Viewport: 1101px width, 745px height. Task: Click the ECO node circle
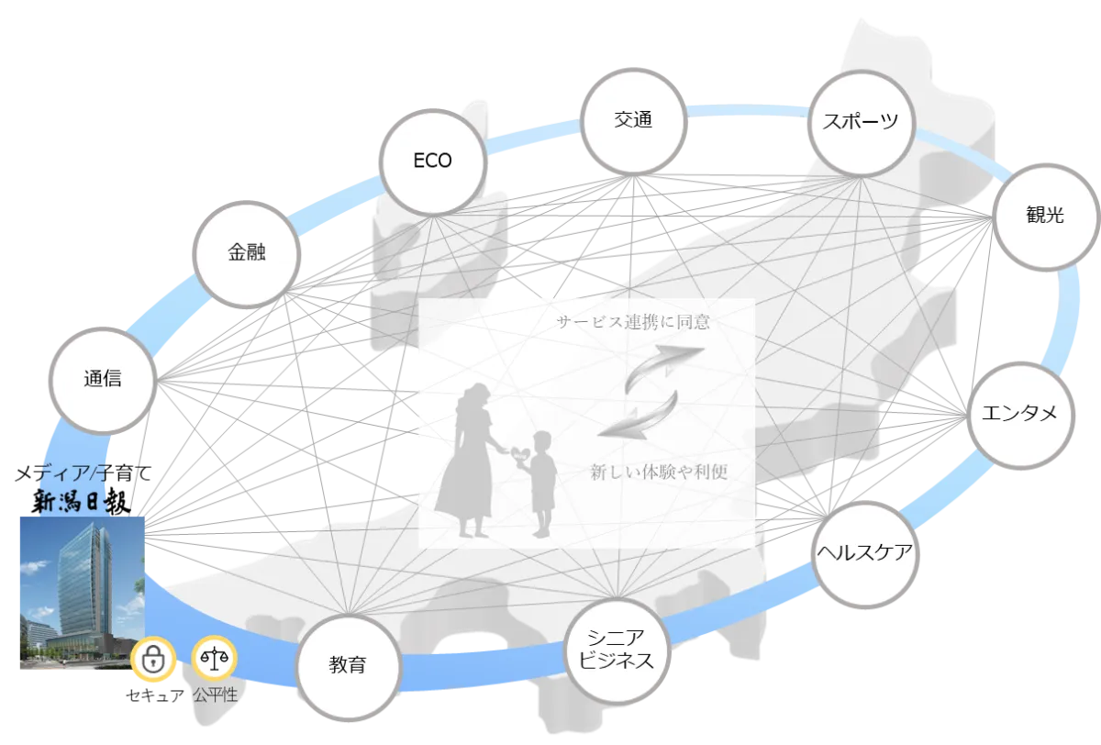[431, 161]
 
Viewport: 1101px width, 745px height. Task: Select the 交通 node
[633, 120]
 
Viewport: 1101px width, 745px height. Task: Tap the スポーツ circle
[861, 122]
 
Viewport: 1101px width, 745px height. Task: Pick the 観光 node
[1044, 216]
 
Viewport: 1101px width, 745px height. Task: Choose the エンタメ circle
[1018, 414]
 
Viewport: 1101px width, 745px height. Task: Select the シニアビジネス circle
[615, 650]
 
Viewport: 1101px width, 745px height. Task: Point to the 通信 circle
[102, 379]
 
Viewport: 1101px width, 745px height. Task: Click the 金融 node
[246, 253]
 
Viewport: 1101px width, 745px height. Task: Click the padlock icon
[153, 659]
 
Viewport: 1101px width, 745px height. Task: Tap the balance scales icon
[214, 659]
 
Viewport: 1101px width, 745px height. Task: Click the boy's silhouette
[543, 482]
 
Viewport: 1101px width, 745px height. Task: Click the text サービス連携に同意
[633, 322]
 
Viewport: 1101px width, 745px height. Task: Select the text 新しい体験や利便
[659, 473]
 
